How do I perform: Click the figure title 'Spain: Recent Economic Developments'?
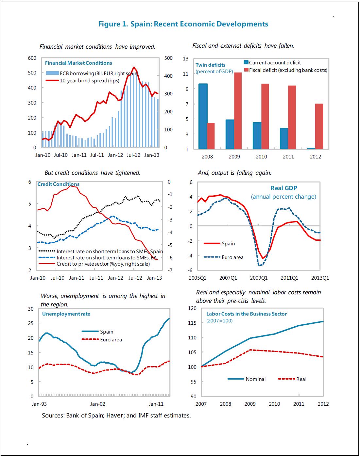199,24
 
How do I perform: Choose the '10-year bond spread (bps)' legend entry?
89,80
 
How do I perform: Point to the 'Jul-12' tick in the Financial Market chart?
133,155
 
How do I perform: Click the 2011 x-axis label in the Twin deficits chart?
288,157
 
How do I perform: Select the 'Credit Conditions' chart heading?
58,184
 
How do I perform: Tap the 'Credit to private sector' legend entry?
103,264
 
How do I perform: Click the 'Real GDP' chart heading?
284,188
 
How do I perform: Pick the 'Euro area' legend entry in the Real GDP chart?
232,257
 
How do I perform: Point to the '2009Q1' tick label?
259,278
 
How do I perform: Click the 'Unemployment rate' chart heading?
66,314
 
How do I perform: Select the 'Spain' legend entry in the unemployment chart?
107,332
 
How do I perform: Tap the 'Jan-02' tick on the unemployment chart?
98,404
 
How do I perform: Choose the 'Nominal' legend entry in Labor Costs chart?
255,379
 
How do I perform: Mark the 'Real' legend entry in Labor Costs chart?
301,379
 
